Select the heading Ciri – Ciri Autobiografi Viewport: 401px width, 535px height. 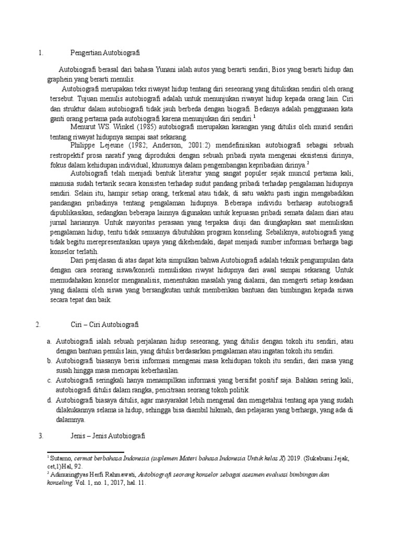tap(105, 324)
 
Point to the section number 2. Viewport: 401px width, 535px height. tap(38, 324)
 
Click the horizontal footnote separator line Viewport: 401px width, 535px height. tap(86, 452)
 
